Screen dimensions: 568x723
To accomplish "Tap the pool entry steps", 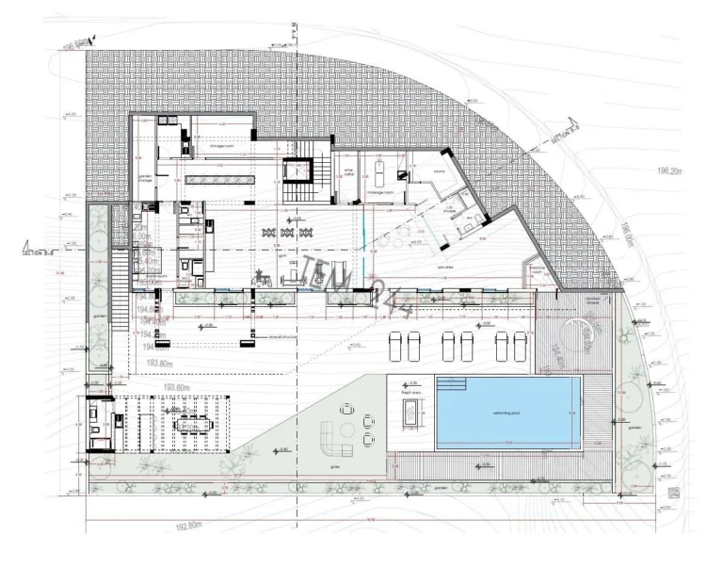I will (x=452, y=384).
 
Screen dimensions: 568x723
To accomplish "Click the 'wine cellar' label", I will (x=347, y=174).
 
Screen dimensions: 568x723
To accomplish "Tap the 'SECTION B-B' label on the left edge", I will (x=39, y=252).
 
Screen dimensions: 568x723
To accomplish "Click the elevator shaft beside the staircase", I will (x=297, y=173).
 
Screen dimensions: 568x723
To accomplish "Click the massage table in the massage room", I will (x=379, y=174).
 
